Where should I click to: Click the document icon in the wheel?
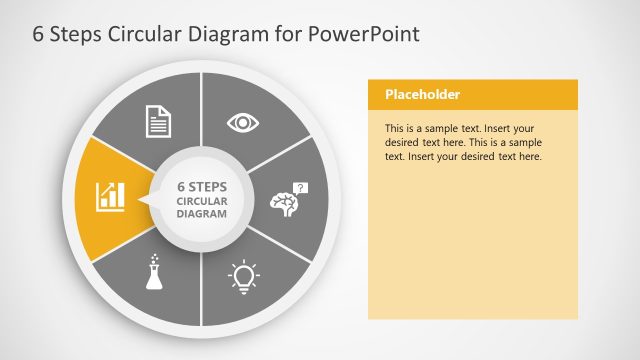point(159,121)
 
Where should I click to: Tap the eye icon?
point(243,122)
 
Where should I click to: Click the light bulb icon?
point(243,274)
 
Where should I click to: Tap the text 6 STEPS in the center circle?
point(202,186)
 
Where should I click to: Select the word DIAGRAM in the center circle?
point(202,214)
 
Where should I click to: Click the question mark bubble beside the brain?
point(303,187)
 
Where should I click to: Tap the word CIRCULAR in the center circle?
point(202,200)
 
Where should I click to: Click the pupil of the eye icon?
point(243,122)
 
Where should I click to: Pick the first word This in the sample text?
point(395,129)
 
